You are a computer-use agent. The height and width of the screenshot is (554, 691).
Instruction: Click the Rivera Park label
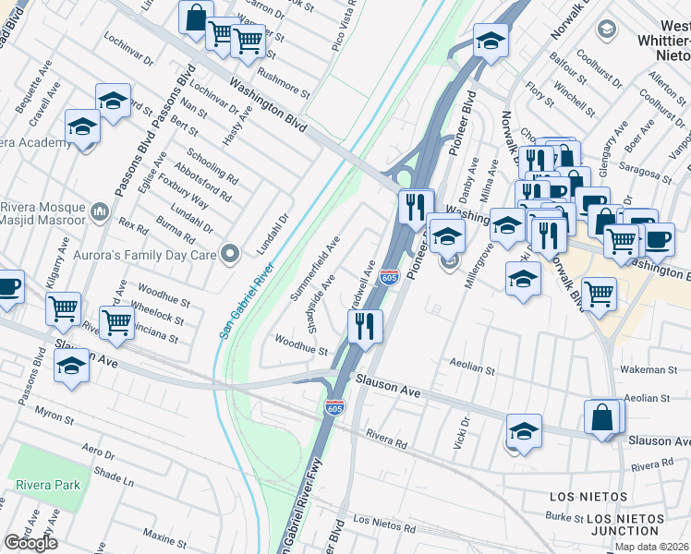pos(45,485)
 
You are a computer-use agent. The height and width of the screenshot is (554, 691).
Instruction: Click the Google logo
pos(30,543)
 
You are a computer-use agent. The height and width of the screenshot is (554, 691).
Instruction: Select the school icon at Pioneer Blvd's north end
pos(490,40)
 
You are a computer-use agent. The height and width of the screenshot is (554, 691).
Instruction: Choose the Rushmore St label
pos(282,82)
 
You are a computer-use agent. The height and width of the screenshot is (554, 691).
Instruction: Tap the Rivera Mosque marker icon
pos(100,218)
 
